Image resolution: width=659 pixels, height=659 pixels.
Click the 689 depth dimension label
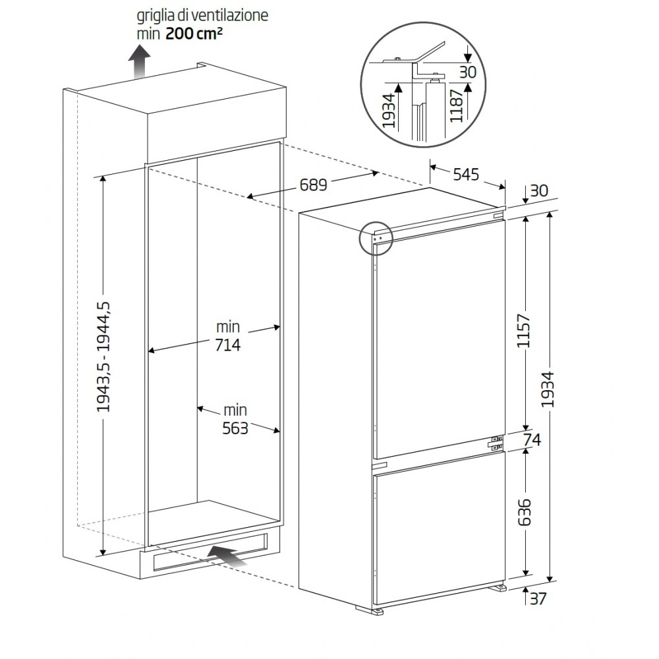click(x=313, y=184)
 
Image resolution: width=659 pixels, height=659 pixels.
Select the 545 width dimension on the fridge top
click(x=466, y=174)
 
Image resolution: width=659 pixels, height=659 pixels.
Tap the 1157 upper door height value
click(x=524, y=330)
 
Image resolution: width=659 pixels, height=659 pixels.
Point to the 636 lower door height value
click(x=524, y=512)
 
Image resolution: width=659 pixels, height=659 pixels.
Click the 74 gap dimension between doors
click(x=532, y=440)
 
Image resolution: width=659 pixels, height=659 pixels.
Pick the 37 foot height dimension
click(x=538, y=598)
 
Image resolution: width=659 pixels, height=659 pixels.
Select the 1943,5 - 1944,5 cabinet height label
click(x=103, y=357)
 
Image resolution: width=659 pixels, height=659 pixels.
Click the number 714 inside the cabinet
click(x=228, y=345)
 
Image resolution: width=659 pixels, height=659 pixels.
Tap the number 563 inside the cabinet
click(x=235, y=428)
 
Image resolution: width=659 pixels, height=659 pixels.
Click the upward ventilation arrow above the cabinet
click(x=139, y=61)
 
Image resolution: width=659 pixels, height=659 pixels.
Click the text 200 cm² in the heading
click(x=194, y=33)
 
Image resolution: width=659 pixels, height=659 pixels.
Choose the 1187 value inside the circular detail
click(x=456, y=105)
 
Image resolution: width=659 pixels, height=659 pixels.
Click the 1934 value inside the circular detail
click(x=388, y=111)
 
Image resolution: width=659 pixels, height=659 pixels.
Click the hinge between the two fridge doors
click(x=496, y=442)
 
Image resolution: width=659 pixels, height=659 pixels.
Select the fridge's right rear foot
click(x=498, y=587)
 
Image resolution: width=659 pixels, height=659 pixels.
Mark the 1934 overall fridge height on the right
click(x=548, y=389)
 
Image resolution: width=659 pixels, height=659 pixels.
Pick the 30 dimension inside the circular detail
click(x=467, y=72)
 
